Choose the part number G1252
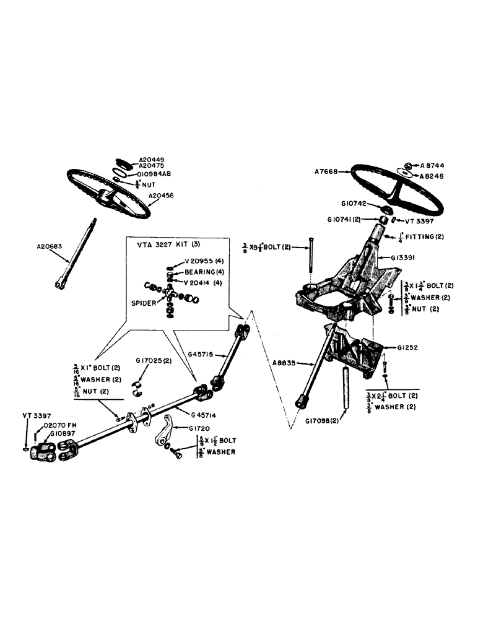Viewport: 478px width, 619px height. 405,348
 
